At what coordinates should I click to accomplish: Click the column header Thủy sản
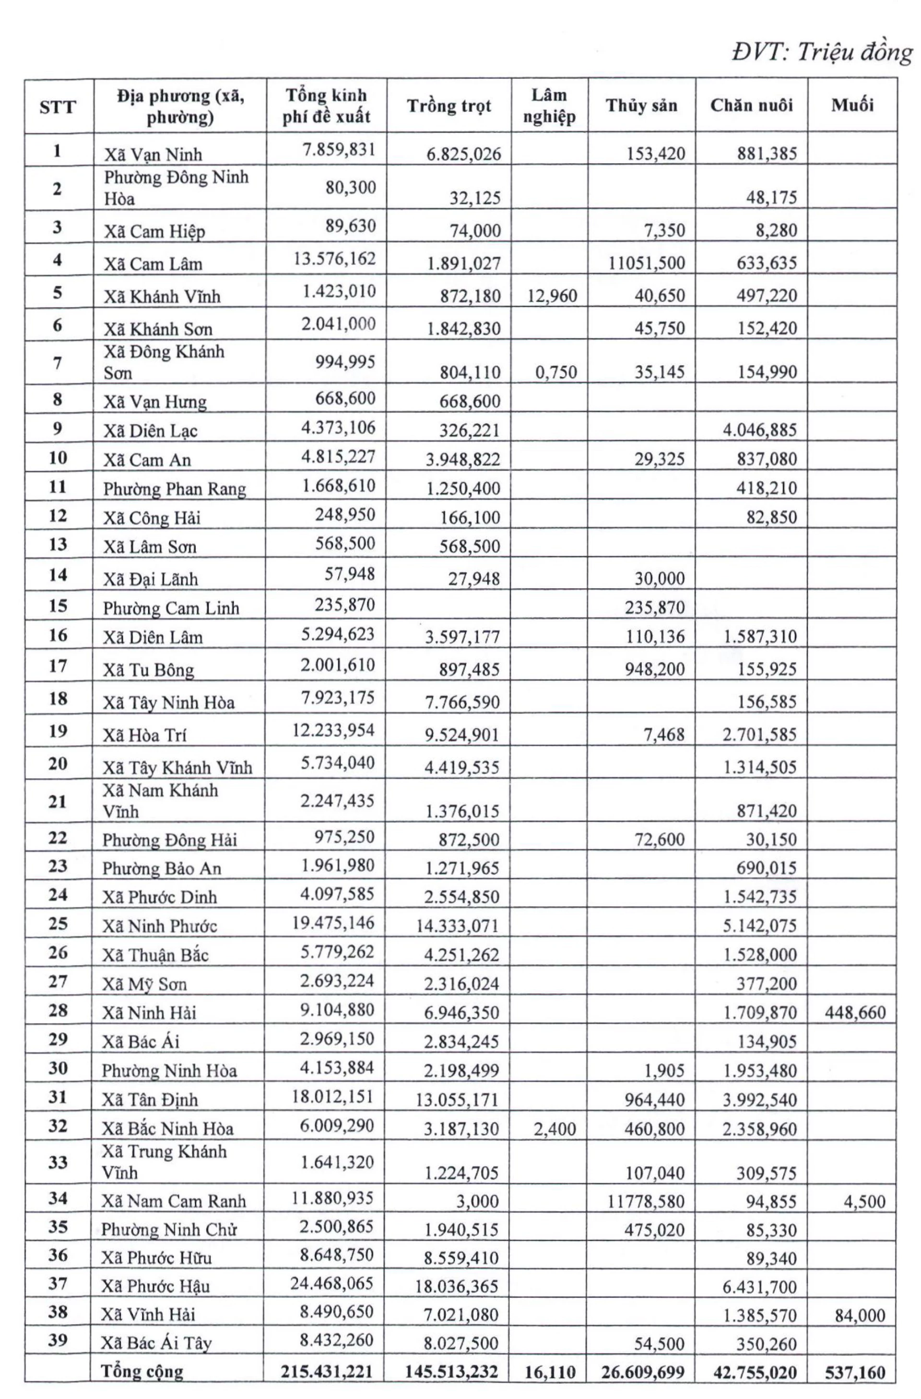point(641,106)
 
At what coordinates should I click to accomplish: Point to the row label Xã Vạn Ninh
point(153,154)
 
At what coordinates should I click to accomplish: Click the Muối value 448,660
point(855,1012)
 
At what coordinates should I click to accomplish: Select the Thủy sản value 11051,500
point(646,263)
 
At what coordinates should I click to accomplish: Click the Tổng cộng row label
point(142,1372)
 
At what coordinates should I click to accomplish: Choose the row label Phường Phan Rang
point(175,489)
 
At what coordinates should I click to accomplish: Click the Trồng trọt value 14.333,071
point(457,926)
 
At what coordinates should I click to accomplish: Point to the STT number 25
point(58,923)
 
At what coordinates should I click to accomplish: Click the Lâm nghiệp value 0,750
point(556,372)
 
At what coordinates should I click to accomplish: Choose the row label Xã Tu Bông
point(148,670)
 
